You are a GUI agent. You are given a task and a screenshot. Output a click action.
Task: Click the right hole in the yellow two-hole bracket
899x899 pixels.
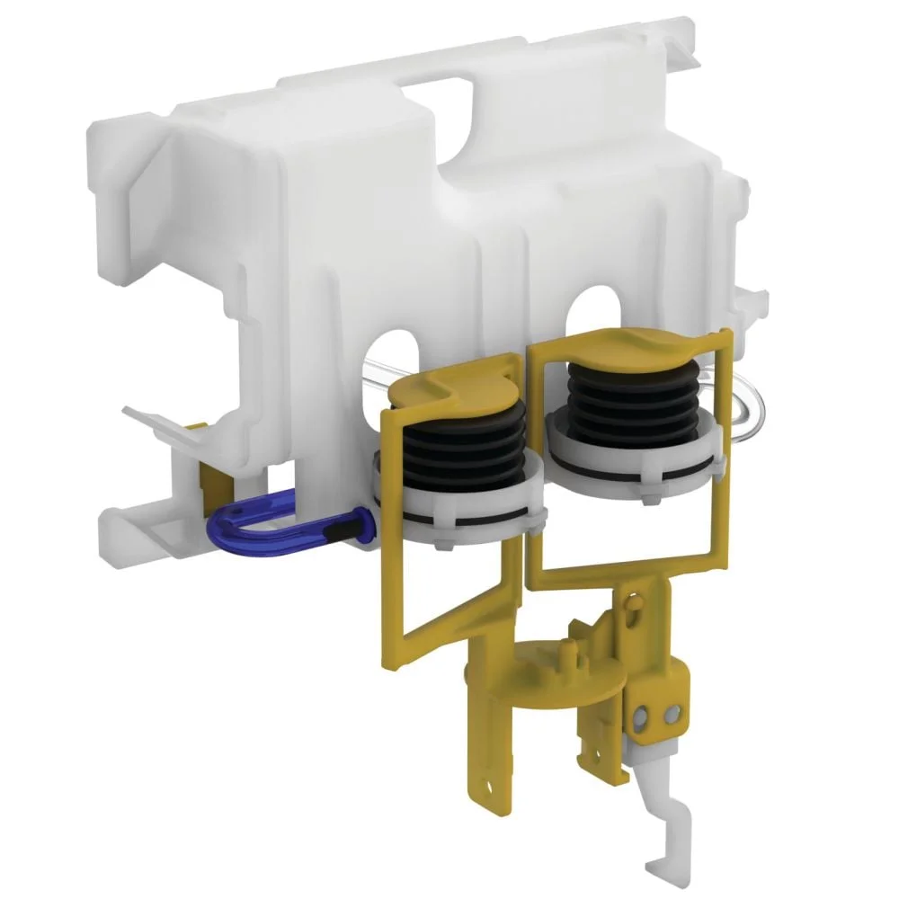click(x=668, y=711)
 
